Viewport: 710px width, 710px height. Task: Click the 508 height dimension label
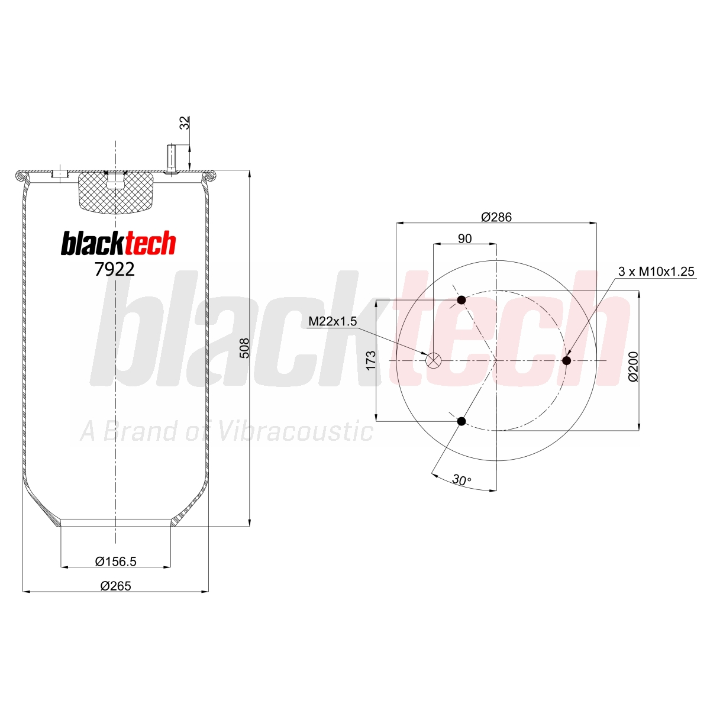coord(244,348)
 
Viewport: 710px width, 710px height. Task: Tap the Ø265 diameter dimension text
coord(116,586)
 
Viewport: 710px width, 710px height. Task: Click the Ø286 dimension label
coord(496,217)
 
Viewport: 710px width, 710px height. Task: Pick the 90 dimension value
coord(464,239)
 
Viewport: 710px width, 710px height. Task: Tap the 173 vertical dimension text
coord(370,360)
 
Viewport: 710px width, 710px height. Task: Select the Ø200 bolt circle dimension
coord(633,367)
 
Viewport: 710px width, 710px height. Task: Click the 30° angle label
coord(461,480)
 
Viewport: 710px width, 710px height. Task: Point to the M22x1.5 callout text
coord(333,322)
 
